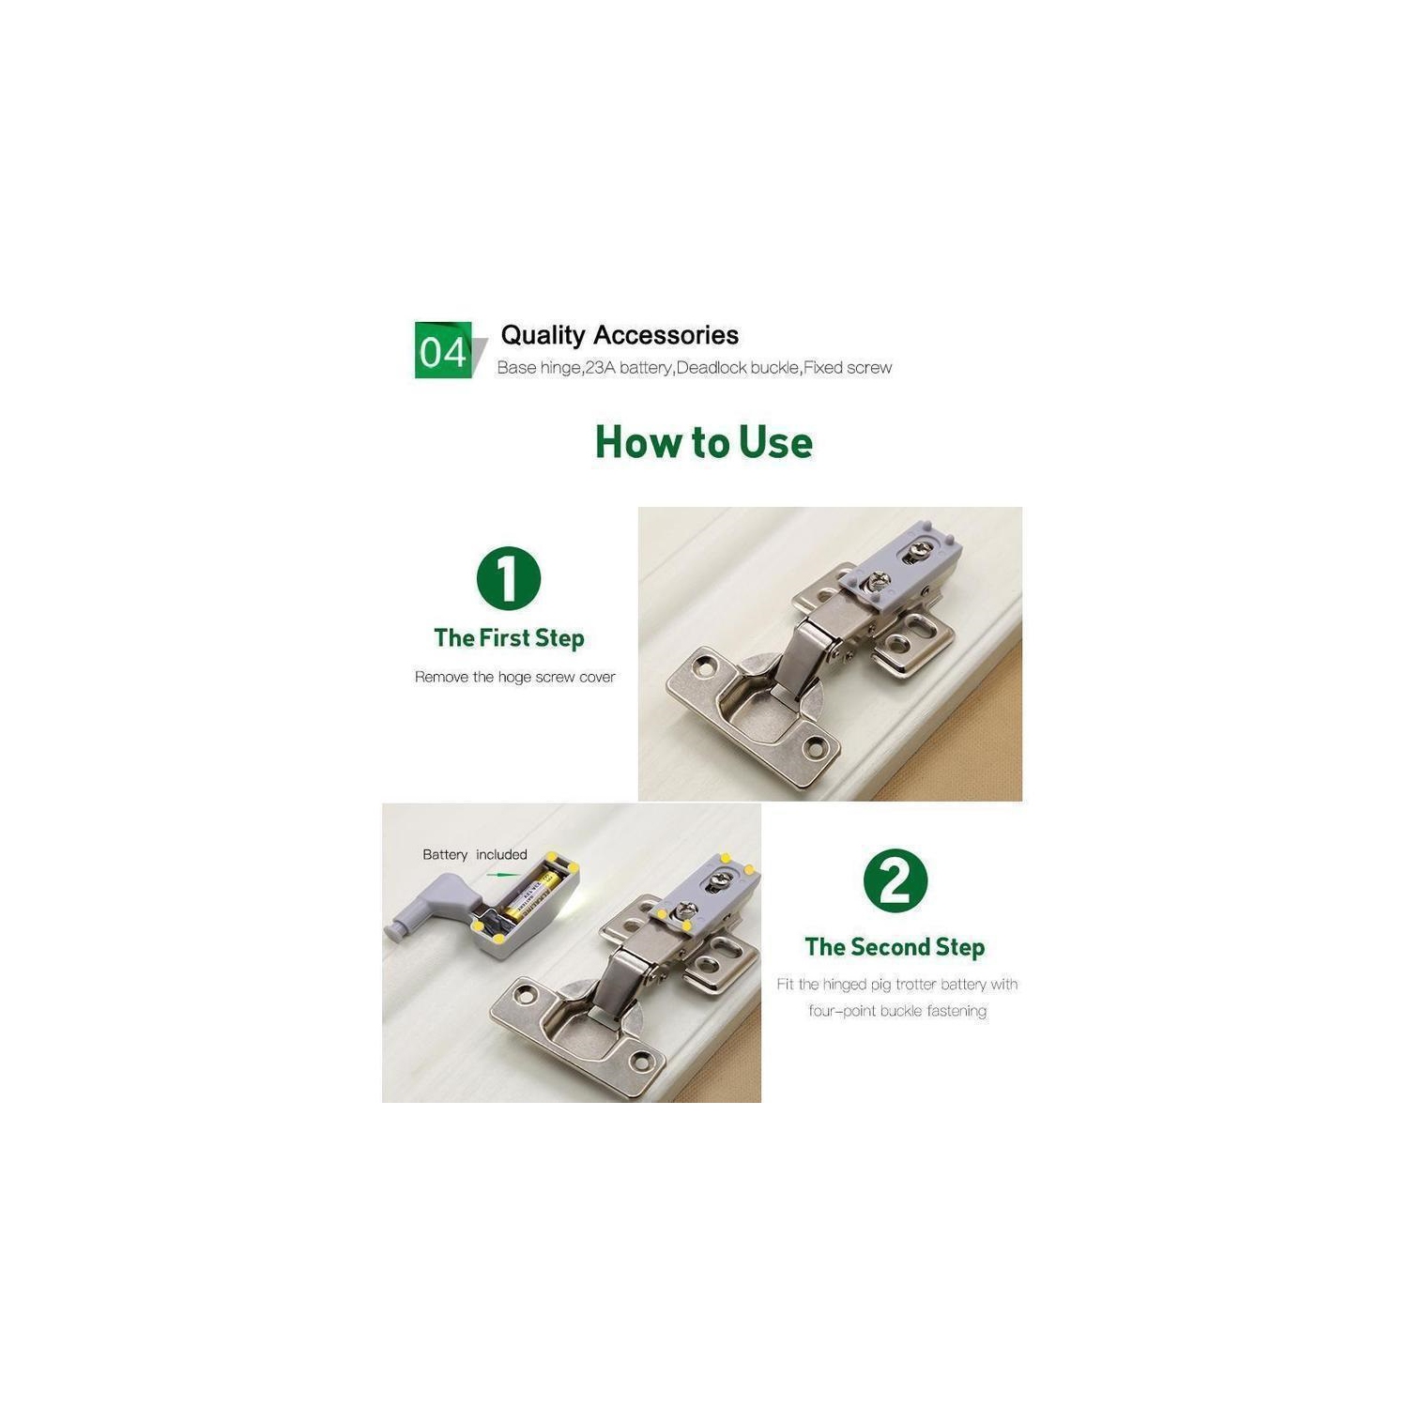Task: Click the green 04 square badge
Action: [x=443, y=350]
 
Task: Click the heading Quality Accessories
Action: [x=620, y=335]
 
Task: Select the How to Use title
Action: [x=704, y=442]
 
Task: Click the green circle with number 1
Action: [x=509, y=578]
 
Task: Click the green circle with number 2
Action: [x=895, y=880]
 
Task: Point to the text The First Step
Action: [x=509, y=638]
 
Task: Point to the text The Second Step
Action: [x=895, y=947]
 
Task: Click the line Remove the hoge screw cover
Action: [x=514, y=677]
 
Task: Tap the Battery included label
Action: [x=475, y=854]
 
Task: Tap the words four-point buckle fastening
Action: [x=897, y=1011]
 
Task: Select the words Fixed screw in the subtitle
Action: [x=848, y=368]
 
